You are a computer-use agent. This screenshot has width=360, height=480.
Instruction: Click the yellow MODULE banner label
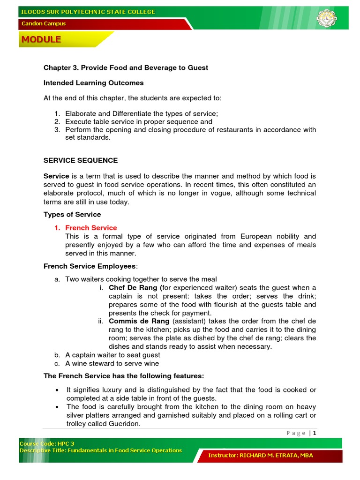41,40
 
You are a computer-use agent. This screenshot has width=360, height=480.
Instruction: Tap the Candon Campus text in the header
43,23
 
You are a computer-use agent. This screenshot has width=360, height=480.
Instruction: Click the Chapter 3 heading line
126,68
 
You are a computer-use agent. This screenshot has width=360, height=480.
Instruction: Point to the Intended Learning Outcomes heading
93,83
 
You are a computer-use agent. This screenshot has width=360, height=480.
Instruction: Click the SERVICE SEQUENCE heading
81,160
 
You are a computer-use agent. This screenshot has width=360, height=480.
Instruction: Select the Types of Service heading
72,215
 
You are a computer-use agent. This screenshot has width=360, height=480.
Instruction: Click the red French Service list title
91,228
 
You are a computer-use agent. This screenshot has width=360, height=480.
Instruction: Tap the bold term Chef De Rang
133,288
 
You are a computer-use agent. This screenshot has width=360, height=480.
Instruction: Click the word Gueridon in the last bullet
124,424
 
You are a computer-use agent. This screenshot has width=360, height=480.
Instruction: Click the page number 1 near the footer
315,433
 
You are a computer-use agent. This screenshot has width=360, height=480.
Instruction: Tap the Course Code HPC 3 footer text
47,443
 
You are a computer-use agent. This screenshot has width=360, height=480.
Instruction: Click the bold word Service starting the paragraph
56,176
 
